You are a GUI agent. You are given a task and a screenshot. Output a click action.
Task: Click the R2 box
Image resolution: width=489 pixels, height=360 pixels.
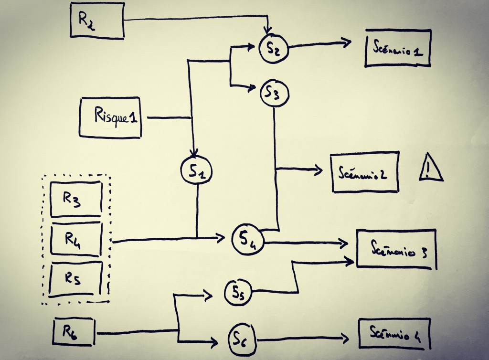pyautogui.click(x=97, y=20)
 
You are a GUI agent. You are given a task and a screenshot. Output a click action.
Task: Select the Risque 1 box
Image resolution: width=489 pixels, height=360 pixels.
pyautogui.click(x=111, y=117)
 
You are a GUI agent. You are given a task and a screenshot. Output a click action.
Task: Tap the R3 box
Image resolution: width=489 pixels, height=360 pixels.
pyautogui.click(x=76, y=199)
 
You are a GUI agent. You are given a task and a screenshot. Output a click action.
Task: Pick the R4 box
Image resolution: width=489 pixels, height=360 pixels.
pyautogui.click(x=77, y=239)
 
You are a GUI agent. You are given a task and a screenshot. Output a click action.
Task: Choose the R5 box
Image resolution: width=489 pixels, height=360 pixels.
pyautogui.click(x=76, y=278)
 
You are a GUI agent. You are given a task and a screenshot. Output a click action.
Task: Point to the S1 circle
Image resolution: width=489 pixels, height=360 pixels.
pyautogui.click(x=196, y=170)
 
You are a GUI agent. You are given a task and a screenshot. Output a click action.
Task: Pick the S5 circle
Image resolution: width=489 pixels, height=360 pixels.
pyautogui.click(x=238, y=291)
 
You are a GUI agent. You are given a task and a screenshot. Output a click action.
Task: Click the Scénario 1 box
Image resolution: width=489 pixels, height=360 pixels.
pyautogui.click(x=398, y=48)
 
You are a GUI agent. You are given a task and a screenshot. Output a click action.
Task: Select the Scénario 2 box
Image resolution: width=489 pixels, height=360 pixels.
pyautogui.click(x=365, y=172)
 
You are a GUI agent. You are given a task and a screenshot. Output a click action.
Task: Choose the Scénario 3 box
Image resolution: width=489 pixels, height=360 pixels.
pyautogui.click(x=396, y=249)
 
